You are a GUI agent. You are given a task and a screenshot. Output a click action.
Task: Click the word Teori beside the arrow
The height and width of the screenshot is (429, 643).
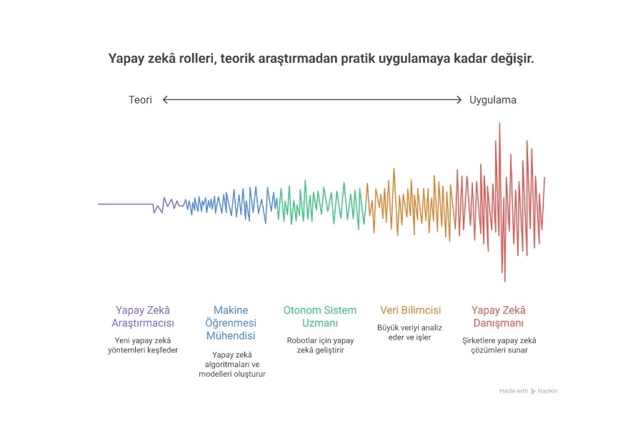pyautogui.click(x=140, y=100)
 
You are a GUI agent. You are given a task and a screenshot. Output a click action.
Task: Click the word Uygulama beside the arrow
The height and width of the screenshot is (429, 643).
pyautogui.click(x=492, y=100)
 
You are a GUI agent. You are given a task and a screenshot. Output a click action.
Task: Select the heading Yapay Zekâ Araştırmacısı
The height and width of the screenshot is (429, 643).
pyautogui.click(x=143, y=317)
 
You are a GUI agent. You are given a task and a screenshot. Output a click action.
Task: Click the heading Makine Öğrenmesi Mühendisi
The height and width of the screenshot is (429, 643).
pyautogui.click(x=231, y=322)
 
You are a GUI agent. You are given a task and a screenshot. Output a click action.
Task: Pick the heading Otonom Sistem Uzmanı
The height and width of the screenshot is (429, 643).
pyautogui.click(x=320, y=317)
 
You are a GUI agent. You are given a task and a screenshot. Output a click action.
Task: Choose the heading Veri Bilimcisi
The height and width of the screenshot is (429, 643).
pyautogui.click(x=410, y=310)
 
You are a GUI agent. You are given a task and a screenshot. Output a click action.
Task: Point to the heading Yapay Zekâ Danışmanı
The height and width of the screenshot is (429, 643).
pyautogui.click(x=499, y=317)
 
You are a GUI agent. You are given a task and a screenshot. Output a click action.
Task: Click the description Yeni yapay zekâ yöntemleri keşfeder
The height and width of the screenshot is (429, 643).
pyautogui.click(x=143, y=345)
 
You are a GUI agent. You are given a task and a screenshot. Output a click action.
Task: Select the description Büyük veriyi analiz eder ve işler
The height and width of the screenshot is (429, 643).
pyautogui.click(x=409, y=332)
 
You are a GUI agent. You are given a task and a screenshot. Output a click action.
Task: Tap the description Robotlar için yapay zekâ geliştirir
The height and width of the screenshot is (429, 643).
pyautogui.click(x=320, y=345)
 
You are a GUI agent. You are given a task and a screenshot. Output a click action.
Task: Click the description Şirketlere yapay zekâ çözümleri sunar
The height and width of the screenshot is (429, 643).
pyautogui.click(x=499, y=345)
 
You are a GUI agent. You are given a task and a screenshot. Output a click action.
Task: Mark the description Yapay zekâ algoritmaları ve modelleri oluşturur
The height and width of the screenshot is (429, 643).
pyautogui.click(x=232, y=364)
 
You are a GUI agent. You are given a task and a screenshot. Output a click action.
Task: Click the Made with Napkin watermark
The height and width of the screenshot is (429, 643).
pyautogui.click(x=528, y=391)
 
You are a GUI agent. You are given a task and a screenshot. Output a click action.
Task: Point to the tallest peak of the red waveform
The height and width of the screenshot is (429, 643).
pyautogui.click(x=499, y=123)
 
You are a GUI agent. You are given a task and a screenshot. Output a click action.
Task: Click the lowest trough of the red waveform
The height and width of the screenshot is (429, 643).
pyautogui.click(x=505, y=281)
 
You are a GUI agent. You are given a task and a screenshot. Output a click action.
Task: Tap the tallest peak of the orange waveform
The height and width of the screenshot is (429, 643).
pyautogui.click(x=394, y=169)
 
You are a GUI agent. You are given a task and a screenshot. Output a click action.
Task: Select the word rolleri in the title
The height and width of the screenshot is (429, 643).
pyautogui.click(x=197, y=59)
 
